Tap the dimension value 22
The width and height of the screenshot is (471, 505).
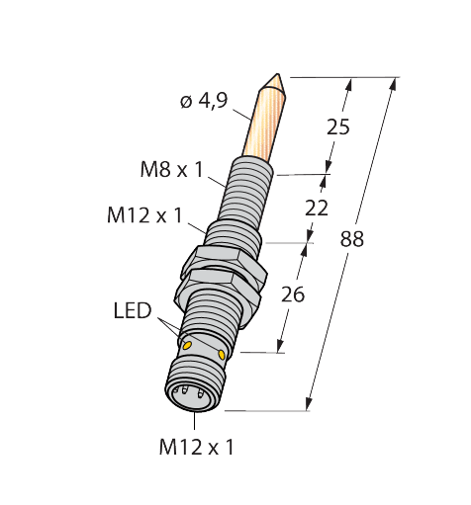click(318, 209)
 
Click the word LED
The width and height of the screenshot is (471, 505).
click(132, 312)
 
